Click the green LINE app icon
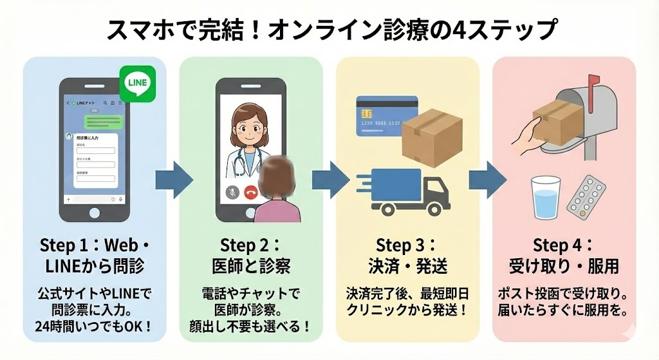pos(137,84)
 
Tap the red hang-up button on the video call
pos(250,192)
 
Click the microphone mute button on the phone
pos(230,192)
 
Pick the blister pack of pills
pos(586,196)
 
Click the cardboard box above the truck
pos(432,133)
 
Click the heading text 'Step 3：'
pos(406,245)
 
